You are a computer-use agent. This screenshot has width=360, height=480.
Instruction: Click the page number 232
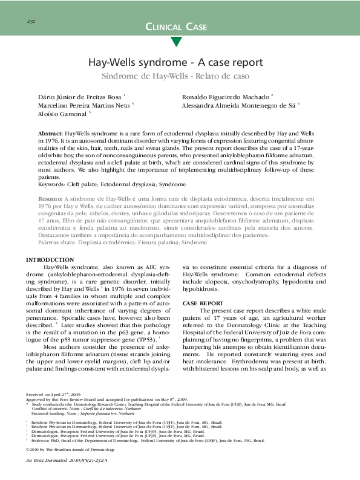[x=31, y=22]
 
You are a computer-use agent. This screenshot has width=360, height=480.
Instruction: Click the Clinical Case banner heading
[x=177, y=27]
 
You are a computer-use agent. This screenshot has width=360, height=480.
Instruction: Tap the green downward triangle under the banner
[x=176, y=42]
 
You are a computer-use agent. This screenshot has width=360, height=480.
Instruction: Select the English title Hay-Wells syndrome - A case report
[x=175, y=63]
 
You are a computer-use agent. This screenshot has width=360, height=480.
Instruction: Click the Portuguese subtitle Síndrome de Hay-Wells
[x=175, y=77]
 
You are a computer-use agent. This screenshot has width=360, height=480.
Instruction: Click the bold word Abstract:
[x=51, y=132]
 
